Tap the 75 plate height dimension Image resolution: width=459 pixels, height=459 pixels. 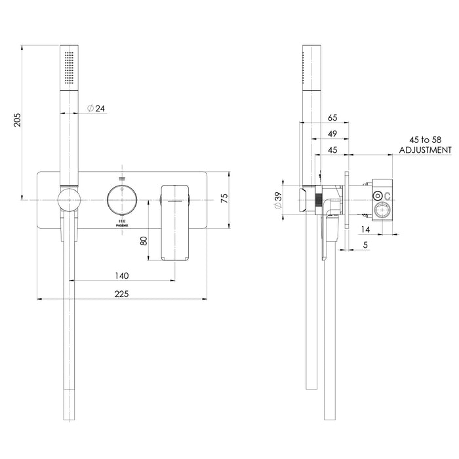coord(224,199)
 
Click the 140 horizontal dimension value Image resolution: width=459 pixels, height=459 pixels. coord(121,275)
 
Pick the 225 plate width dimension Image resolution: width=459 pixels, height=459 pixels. coord(121,294)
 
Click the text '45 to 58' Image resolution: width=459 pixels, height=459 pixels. coord(425,140)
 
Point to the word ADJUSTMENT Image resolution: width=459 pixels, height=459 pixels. coord(425,150)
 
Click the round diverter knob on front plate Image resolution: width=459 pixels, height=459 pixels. coord(121,199)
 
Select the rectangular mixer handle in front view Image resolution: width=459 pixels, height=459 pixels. coord(174,223)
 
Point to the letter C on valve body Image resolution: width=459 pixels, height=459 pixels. coord(388,196)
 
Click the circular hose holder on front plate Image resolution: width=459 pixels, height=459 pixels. coord(68,200)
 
